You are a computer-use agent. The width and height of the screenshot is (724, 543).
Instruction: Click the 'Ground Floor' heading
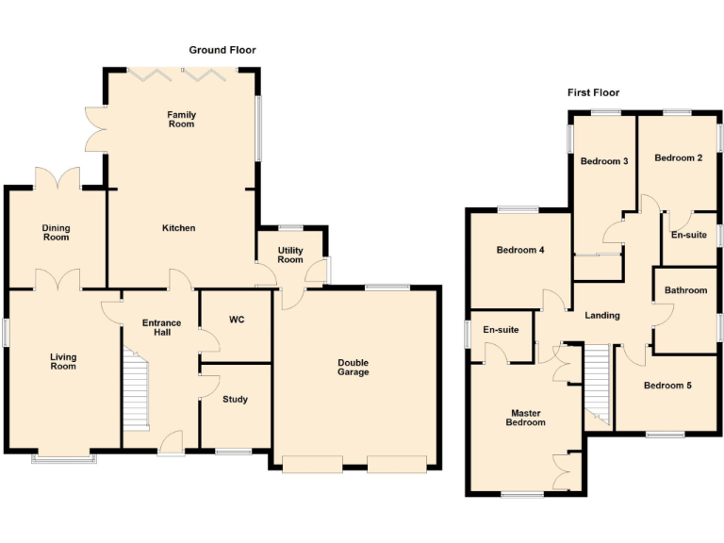(x=222, y=50)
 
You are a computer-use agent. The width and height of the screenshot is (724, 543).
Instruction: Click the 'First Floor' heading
(x=593, y=92)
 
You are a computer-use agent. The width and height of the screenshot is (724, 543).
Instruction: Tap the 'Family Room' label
(x=181, y=120)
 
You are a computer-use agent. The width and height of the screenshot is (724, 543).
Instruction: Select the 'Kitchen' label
(x=178, y=228)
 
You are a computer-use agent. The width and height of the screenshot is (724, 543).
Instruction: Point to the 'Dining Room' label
(x=56, y=232)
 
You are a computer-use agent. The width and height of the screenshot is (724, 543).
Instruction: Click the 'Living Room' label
(x=64, y=361)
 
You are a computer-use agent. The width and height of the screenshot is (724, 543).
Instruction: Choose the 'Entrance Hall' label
(x=161, y=328)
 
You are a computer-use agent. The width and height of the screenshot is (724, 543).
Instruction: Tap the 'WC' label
(x=237, y=321)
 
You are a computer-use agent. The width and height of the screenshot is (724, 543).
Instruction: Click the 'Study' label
(x=235, y=400)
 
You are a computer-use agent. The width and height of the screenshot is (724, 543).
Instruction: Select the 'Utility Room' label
(x=289, y=255)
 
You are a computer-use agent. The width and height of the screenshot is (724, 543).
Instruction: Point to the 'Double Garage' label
(x=354, y=368)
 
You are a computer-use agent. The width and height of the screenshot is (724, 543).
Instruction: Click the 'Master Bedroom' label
(x=525, y=418)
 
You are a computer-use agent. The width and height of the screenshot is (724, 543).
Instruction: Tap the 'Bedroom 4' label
(x=520, y=251)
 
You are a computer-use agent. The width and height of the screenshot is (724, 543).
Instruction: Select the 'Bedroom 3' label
(x=603, y=161)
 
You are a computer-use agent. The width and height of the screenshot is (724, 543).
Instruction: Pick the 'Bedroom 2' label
(x=679, y=158)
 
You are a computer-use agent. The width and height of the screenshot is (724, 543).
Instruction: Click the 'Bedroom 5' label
(x=667, y=386)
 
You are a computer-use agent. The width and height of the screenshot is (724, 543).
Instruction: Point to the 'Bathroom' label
(x=685, y=290)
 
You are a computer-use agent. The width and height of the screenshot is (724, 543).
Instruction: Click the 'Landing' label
(x=601, y=316)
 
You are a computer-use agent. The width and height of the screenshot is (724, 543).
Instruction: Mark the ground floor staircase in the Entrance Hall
(x=138, y=390)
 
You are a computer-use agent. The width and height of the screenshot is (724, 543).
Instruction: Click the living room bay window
(x=64, y=459)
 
